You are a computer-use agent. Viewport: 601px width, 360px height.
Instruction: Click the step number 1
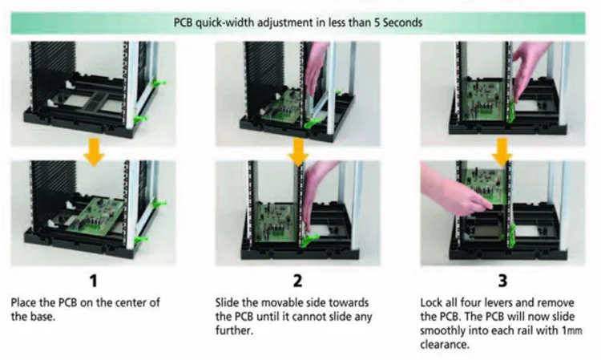(95, 281)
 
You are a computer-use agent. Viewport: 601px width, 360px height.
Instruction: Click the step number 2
(299, 281)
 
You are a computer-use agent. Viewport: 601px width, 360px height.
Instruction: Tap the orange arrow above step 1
(95, 152)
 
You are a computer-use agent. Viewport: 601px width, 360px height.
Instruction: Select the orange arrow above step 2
(299, 152)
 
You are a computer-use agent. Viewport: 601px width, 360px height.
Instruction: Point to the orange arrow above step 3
(502, 152)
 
